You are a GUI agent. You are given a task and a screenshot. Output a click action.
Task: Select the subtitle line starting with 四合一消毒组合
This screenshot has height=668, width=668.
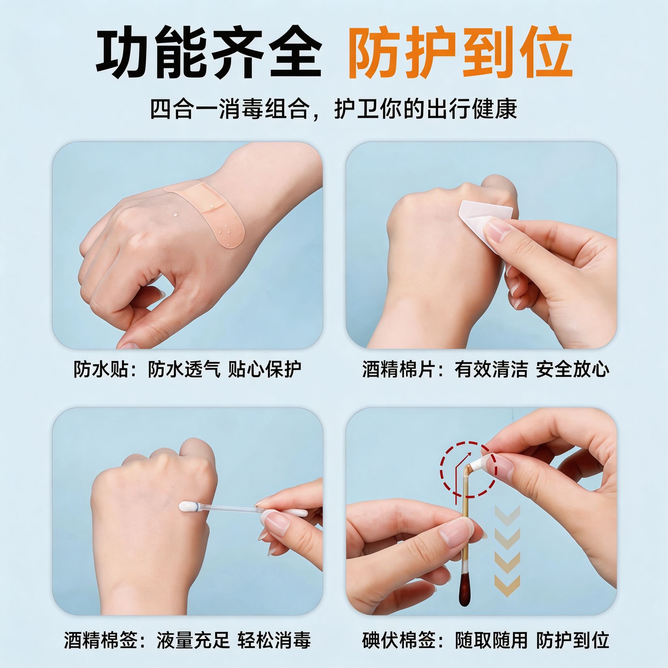click(334, 109)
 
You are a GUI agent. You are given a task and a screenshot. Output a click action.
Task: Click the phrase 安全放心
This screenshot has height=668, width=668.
click(572, 369)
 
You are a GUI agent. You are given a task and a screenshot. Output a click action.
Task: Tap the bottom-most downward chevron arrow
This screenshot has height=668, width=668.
click(507, 587)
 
